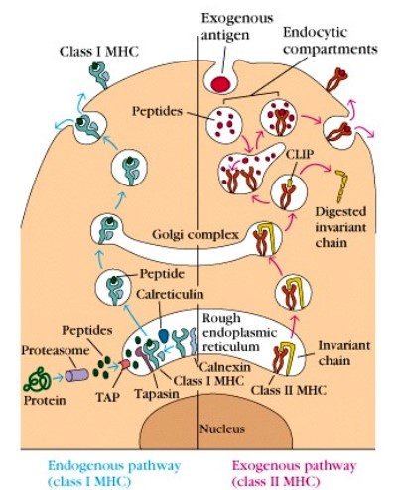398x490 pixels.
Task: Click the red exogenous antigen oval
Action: click(x=221, y=83)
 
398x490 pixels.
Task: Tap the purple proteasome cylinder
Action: click(x=77, y=376)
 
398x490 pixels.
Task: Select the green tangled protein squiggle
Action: click(x=37, y=379)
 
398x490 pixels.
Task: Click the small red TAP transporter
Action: click(x=125, y=365)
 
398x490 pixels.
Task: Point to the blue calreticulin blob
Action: click(x=164, y=335)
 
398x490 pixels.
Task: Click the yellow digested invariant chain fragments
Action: click(x=341, y=185)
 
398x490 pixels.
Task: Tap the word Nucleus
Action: click(x=222, y=429)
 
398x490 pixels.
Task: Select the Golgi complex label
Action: click(x=196, y=235)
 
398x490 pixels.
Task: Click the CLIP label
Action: click(x=300, y=154)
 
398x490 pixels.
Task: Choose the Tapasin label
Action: click(x=157, y=394)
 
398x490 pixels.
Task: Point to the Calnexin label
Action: click(x=225, y=367)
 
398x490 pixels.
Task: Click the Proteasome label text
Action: click(x=56, y=350)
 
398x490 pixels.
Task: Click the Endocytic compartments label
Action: click(x=331, y=41)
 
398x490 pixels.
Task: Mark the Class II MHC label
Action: click(x=289, y=390)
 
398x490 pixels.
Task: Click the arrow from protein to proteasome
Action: click(x=58, y=377)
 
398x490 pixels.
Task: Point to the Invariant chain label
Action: click(x=344, y=353)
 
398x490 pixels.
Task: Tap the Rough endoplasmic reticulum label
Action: click(x=239, y=333)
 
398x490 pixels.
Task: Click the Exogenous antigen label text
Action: click(x=237, y=27)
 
